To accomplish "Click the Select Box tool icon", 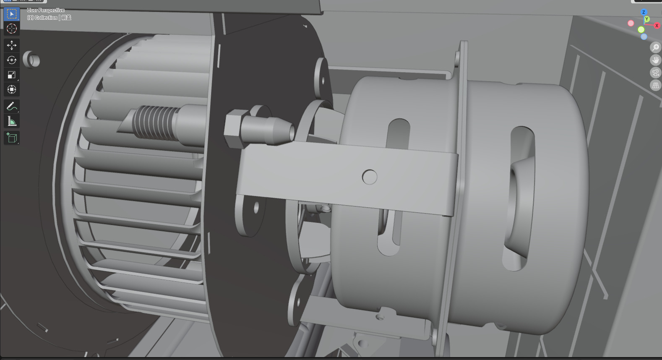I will (11, 14).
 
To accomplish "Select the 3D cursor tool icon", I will (11, 29).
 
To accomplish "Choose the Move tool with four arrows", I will (11, 45).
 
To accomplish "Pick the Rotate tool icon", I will (11, 60).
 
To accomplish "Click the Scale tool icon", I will (11, 75).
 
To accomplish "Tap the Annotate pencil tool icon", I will (11, 107).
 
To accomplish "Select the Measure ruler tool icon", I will (11, 122).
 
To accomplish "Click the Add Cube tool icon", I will (11, 138).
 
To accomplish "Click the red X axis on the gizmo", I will (657, 26).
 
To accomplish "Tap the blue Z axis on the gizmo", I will (644, 12).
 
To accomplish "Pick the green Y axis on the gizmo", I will (647, 19).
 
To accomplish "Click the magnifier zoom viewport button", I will (655, 47).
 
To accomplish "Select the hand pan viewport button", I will (655, 60).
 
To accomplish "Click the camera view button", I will (655, 73).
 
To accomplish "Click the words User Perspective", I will (46, 10).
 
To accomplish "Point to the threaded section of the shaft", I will (153, 123).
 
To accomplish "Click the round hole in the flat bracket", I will (370, 177).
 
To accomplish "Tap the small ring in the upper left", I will (31, 60).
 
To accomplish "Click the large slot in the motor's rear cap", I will (520, 197).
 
